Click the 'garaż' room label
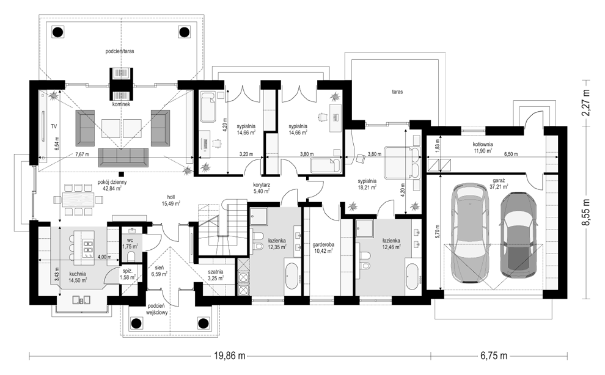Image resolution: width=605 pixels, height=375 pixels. [x=500, y=180]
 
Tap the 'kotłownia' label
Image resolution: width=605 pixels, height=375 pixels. [x=483, y=145]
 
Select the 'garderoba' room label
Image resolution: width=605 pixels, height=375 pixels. [x=323, y=244]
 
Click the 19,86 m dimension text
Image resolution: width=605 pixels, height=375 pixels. [x=230, y=356]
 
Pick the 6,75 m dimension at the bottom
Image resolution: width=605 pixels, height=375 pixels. [x=494, y=356]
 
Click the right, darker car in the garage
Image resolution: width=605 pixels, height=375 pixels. [x=518, y=235]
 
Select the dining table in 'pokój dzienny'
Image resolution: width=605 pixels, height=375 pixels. [x=78, y=200]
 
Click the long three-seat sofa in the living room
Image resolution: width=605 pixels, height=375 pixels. [x=123, y=157]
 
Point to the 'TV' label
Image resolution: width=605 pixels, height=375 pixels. [x=54, y=126]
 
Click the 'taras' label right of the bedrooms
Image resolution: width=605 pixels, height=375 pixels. [x=397, y=92]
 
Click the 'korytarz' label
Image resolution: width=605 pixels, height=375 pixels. [x=261, y=185]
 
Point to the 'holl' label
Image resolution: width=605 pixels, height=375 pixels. [x=170, y=197]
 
